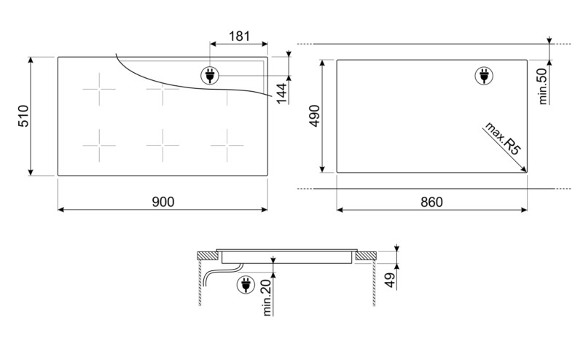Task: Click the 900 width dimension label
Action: click(x=163, y=201)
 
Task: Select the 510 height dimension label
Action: click(x=23, y=117)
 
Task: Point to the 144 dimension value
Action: click(x=281, y=93)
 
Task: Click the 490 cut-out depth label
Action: click(x=315, y=117)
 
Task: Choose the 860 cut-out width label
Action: click(x=431, y=201)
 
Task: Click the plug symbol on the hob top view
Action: click(x=209, y=74)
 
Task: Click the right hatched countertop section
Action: click(x=366, y=256)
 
